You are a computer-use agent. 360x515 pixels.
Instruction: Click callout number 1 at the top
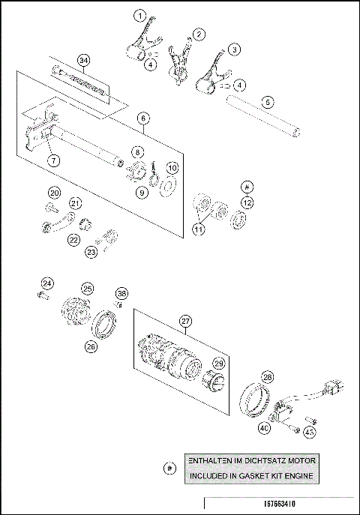point(139,15)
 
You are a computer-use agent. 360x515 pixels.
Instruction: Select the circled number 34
point(84,60)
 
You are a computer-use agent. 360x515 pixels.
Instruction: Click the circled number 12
point(248,202)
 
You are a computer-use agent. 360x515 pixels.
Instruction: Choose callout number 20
point(55,191)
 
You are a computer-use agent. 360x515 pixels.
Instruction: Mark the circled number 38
point(121,293)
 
